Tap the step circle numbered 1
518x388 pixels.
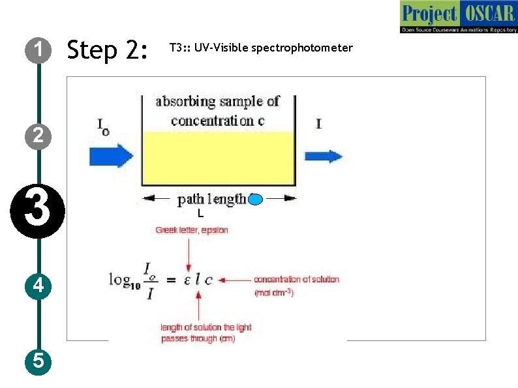39,49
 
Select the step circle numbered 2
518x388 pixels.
39,135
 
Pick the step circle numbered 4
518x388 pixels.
39,285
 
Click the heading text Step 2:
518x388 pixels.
108,50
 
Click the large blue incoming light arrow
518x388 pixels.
111,156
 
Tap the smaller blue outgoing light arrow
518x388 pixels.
323,156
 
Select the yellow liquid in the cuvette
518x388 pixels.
219,158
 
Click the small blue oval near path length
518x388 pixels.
255,200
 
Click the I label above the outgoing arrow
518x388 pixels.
318,123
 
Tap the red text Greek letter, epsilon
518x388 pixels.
191,230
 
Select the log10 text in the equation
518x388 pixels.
124,280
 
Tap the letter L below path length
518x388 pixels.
201,213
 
